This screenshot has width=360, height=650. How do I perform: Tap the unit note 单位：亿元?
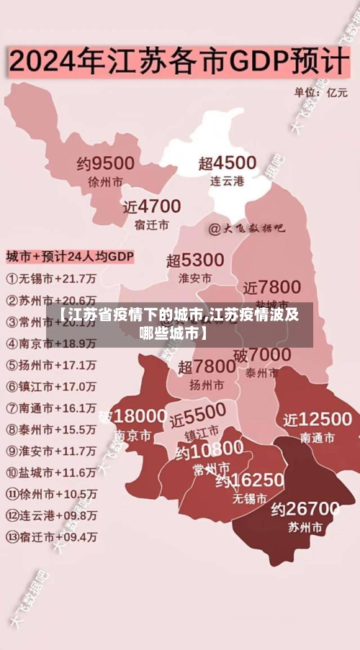click(320, 92)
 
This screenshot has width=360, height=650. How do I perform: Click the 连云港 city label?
click(227, 181)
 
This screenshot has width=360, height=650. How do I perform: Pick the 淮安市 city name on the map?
click(195, 277)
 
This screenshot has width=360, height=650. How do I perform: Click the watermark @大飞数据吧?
click(246, 229)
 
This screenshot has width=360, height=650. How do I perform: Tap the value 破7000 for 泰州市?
click(262, 355)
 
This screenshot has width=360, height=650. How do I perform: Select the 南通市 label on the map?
click(318, 437)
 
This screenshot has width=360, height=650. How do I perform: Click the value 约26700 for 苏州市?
click(305, 509)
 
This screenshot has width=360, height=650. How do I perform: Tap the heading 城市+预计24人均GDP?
click(70, 256)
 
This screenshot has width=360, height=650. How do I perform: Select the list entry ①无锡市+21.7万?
click(51, 278)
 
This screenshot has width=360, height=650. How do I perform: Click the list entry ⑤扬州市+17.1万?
click(51, 364)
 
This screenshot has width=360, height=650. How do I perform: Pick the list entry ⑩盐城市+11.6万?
click(51, 472)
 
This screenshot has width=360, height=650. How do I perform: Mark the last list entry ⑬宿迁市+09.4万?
click(51, 537)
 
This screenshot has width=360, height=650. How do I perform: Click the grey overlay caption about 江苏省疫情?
click(179, 325)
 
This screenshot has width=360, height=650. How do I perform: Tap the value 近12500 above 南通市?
click(318, 419)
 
